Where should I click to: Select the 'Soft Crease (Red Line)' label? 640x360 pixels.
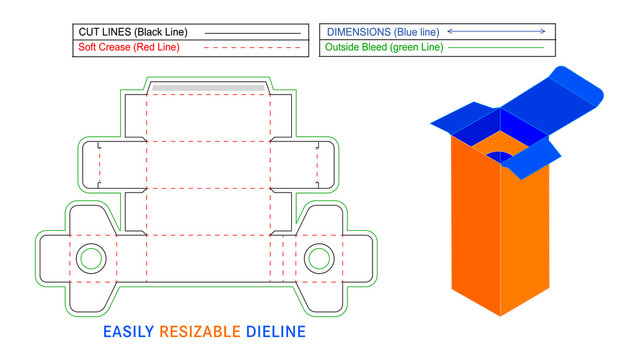point(131,47)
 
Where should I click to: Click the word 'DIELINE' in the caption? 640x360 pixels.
point(276,331)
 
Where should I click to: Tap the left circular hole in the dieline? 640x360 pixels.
point(92,257)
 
